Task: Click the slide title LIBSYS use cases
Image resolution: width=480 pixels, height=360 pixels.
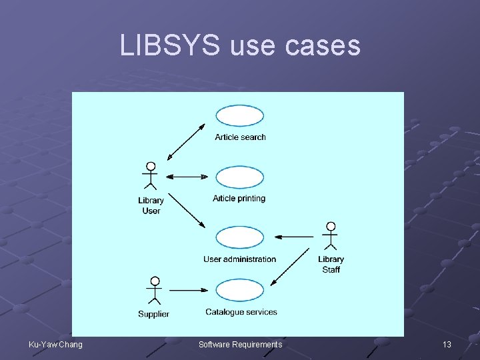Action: point(240,45)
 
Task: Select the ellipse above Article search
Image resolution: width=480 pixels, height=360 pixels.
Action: point(240,116)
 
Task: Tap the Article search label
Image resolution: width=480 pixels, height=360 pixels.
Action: point(240,137)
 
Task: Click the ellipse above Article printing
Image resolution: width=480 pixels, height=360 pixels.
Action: point(240,177)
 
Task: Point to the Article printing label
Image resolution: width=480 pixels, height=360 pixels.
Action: point(239,199)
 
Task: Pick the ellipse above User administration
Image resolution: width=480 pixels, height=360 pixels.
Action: point(240,237)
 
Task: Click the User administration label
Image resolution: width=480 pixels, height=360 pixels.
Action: point(239,259)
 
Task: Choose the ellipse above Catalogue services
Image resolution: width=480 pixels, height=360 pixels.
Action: point(240,290)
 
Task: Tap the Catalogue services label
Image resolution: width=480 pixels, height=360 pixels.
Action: point(241,312)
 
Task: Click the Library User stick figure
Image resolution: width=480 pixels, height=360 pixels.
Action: point(151,176)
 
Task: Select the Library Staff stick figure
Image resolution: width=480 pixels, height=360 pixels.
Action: point(330,236)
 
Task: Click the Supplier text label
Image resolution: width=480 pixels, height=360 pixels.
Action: point(153,314)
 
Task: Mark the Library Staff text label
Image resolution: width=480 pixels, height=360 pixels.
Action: point(331,264)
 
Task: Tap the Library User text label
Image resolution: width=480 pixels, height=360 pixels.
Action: point(151,205)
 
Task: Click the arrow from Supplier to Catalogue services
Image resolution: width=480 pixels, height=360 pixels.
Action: point(189,290)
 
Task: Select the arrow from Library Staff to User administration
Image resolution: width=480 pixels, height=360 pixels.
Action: point(294,236)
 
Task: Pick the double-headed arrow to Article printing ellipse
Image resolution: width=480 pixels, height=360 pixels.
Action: point(187,177)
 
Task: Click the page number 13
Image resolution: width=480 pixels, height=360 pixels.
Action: point(447,344)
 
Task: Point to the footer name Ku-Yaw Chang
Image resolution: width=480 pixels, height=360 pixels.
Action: point(56,344)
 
